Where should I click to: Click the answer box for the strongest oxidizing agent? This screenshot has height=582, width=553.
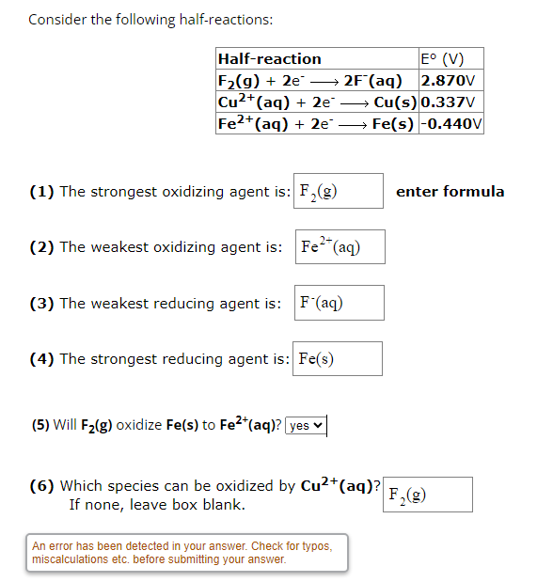[x=339, y=191]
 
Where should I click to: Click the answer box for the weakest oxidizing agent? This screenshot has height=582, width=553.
[x=339, y=246]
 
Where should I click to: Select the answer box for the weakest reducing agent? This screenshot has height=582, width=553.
[x=339, y=303]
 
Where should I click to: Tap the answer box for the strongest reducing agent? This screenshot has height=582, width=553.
[x=339, y=358]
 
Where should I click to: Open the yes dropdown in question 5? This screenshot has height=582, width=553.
[x=305, y=425]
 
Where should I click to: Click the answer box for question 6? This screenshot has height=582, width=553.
[x=428, y=495]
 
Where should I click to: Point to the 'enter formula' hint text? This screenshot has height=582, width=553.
[x=450, y=192]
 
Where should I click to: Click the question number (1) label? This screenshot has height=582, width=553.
[x=41, y=192]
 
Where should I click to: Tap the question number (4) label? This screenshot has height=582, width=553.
[x=41, y=359]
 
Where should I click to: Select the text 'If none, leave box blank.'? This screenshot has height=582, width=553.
[x=157, y=505]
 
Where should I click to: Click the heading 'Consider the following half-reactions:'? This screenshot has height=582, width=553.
[x=151, y=20]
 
